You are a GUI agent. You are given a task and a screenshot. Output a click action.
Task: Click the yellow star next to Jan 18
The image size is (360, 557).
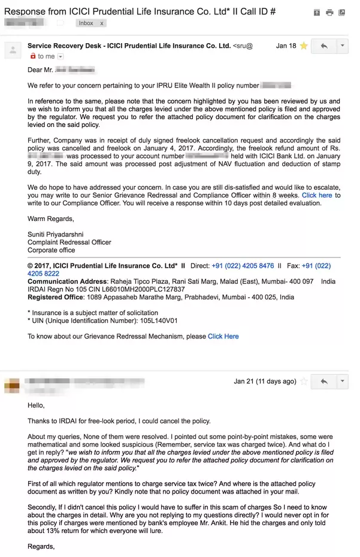[x=304, y=46]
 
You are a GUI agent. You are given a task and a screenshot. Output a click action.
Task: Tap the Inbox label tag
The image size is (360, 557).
[x=86, y=23]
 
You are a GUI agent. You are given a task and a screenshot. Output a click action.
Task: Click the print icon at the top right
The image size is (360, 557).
[x=329, y=12]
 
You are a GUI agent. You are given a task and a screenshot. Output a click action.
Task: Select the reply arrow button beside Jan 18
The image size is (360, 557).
[x=324, y=46]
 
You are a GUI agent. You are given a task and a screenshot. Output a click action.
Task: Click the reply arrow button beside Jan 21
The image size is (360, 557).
[x=324, y=382]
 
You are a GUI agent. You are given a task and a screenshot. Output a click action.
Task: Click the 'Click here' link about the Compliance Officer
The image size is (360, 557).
[x=317, y=195]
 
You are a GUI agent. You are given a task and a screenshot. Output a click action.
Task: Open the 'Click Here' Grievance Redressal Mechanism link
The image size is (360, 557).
[x=223, y=337]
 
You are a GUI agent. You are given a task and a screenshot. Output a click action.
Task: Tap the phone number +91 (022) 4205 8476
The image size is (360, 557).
[x=243, y=266]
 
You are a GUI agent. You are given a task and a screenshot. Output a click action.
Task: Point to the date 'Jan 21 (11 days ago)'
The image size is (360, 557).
[x=265, y=382]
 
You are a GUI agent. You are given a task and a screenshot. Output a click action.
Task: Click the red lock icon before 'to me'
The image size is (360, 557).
[x=32, y=56]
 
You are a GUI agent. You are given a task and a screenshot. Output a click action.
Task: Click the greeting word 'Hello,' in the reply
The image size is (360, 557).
[x=37, y=405]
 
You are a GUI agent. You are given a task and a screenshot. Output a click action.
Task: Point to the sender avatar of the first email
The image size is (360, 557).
[x=13, y=50]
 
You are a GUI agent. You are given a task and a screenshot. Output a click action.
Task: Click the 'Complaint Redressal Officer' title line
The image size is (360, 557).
[x=69, y=243]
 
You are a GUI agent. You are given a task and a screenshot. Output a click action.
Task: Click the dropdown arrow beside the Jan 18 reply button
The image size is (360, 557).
[x=342, y=46]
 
